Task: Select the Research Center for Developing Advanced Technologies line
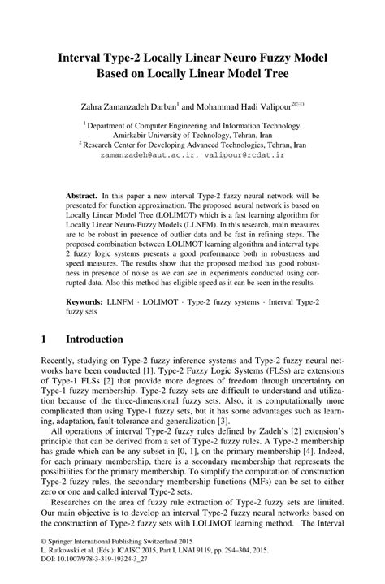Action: point(192,143)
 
